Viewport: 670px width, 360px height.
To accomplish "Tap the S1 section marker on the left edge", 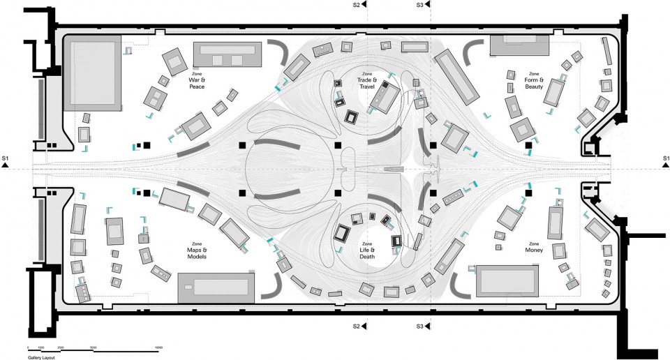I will tap(6, 160).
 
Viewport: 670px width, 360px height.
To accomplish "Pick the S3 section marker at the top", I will tap(423, 5).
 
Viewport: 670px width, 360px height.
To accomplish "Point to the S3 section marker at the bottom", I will tap(423, 326).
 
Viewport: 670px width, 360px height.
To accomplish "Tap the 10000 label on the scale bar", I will tap(158, 347).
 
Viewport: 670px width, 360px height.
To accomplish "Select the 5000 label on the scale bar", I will tap(94, 347).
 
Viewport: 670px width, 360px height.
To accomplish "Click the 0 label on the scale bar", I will tap(29, 347).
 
